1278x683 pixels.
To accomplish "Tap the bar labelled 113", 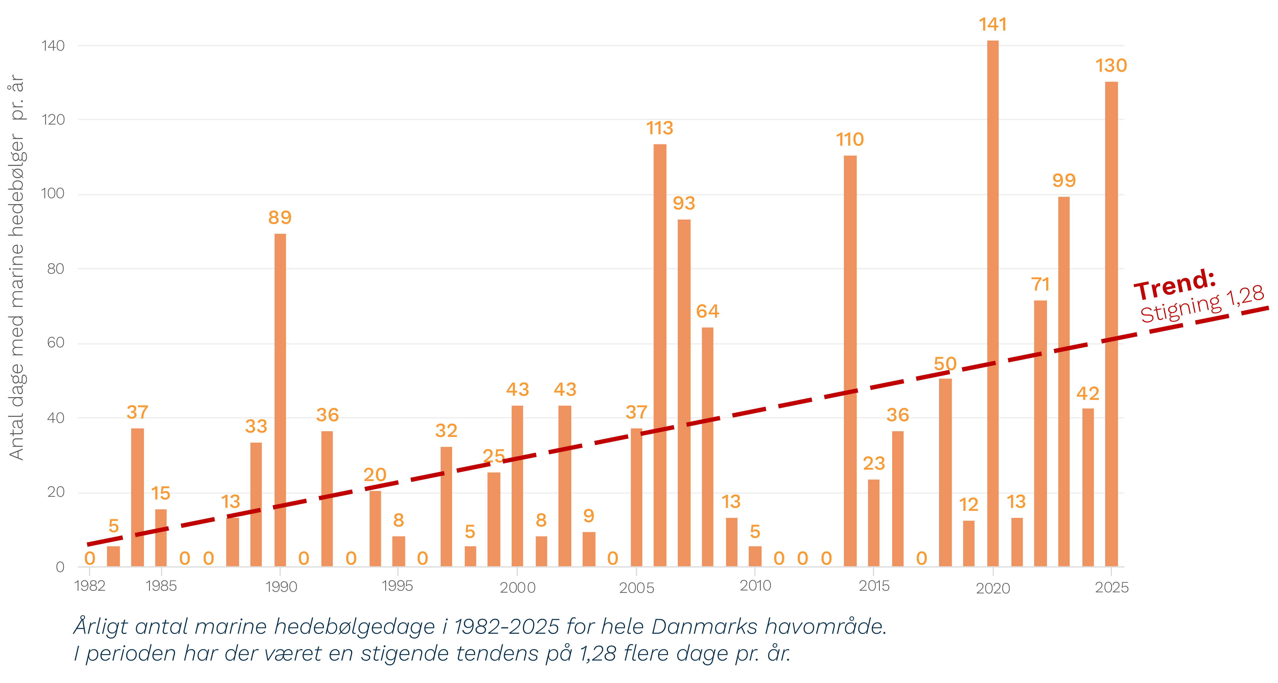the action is [660, 355].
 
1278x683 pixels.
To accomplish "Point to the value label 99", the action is [1064, 180].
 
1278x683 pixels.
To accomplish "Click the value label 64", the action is [707, 311].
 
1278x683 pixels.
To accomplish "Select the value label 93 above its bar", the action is [684, 203].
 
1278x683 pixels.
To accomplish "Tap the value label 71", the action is [1040, 285].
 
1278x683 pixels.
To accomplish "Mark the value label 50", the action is [945, 363].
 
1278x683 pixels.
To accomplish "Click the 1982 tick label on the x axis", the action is [90, 586].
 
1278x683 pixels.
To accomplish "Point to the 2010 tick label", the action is [755, 586].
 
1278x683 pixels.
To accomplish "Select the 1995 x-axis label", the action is [397, 586].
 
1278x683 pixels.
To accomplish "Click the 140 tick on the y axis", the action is [53, 46].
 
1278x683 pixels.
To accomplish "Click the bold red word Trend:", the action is [1175, 285].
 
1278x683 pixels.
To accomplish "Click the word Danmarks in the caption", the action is [704, 627].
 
